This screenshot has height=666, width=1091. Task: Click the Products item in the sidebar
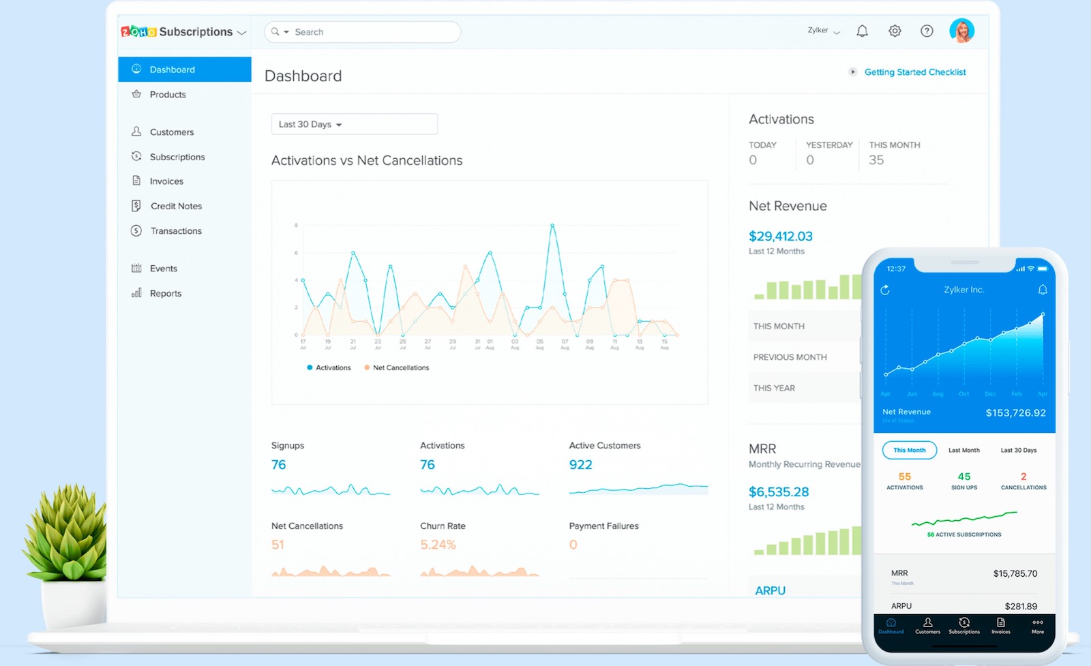pos(167,95)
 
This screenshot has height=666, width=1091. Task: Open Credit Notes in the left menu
pos(175,206)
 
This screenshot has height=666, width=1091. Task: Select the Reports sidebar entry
pos(165,293)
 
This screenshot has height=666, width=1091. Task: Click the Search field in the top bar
pos(372,32)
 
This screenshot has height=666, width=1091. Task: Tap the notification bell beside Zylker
pos(862,31)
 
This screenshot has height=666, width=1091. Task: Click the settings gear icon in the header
pos(895,31)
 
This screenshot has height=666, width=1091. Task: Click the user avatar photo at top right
pos(961,31)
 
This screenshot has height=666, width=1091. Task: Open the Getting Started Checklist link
pos(914,72)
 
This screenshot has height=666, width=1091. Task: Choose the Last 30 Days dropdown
pos(354,124)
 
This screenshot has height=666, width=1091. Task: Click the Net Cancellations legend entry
pos(400,367)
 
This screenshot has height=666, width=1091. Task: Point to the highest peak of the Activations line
pos(552,225)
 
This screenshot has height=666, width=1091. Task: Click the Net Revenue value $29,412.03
pos(780,237)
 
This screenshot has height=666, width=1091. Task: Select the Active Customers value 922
pos(580,465)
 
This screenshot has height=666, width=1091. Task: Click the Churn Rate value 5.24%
pos(438,545)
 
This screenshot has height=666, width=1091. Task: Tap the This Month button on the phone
pos(909,450)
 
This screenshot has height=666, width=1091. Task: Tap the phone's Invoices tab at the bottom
pos(1000,626)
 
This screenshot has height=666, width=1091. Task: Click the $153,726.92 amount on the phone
pos(1015,413)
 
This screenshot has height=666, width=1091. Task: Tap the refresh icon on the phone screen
pos(885,290)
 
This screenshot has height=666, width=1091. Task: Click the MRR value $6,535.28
pos(779,492)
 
